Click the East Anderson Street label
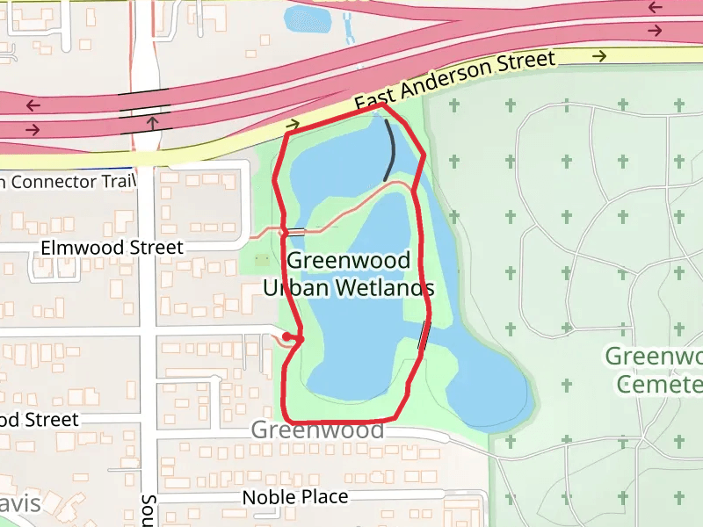(455, 81)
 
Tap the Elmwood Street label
(112, 248)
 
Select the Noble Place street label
(295, 497)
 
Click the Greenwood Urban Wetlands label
(349, 274)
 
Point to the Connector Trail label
(69, 182)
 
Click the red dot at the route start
(287, 336)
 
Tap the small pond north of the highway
(306, 18)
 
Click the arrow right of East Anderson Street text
(600, 56)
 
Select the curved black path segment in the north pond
(390, 149)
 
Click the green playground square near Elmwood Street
(262, 261)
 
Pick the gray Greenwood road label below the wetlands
(317, 430)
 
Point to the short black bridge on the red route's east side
(424, 335)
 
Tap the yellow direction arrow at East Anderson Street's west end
(293, 125)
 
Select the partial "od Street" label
(40, 420)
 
